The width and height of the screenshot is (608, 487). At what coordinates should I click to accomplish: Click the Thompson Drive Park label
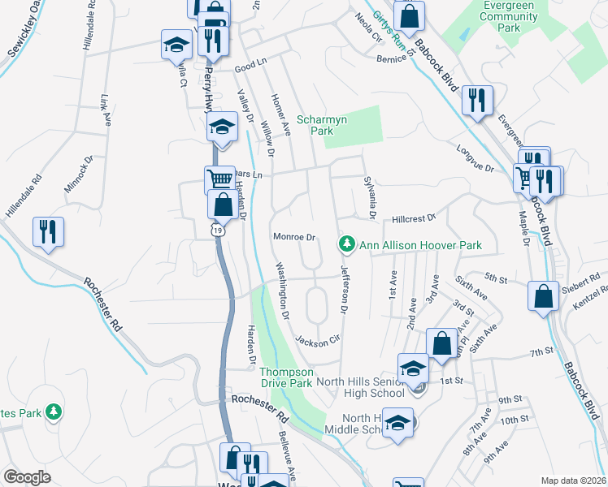[x=286, y=377]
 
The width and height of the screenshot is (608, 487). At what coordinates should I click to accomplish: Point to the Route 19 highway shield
[x=217, y=231]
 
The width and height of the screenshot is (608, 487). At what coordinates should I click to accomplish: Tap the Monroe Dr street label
[x=293, y=237]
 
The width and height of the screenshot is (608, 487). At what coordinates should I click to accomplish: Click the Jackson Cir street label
[x=316, y=339]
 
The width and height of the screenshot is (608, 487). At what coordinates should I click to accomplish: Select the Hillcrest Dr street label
[x=414, y=218]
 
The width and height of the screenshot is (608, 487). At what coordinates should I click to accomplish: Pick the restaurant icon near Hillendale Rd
[x=48, y=232]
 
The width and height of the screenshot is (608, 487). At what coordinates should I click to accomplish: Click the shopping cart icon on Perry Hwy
[x=219, y=179]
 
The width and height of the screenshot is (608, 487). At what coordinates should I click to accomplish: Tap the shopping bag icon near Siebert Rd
[x=543, y=296]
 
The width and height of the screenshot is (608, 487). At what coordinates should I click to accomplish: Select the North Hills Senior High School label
[x=359, y=387]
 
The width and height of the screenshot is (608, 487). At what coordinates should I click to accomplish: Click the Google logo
[x=27, y=477]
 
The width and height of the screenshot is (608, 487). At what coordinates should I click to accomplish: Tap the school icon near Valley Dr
[x=222, y=127]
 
